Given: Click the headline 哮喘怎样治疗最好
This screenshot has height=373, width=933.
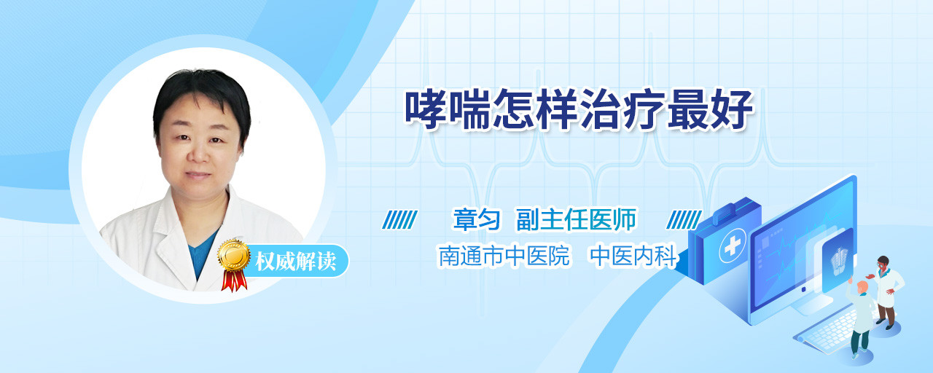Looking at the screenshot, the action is [579, 109].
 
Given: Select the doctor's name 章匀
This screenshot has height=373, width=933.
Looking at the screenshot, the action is [477, 219].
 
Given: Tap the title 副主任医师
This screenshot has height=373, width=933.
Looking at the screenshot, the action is [577, 219].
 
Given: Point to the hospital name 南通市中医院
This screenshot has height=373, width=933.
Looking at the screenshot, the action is [504, 256].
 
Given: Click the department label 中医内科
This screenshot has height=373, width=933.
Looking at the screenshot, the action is [634, 256].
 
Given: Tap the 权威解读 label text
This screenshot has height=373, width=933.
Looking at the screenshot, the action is [296, 262].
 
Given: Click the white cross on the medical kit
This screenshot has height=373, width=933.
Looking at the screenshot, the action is [733, 246].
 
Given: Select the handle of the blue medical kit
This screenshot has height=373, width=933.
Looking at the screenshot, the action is [727, 211].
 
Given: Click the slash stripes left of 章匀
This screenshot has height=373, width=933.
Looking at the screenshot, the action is [400, 220].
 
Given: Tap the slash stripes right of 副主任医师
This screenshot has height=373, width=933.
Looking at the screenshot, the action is [684, 220].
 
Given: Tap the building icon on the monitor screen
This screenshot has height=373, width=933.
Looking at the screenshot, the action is [839, 261].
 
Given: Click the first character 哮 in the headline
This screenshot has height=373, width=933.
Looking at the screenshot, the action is [426, 109].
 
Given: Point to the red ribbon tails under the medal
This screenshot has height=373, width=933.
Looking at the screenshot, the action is [234, 280].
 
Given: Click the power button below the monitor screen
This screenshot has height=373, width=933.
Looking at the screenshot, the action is [803, 289].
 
